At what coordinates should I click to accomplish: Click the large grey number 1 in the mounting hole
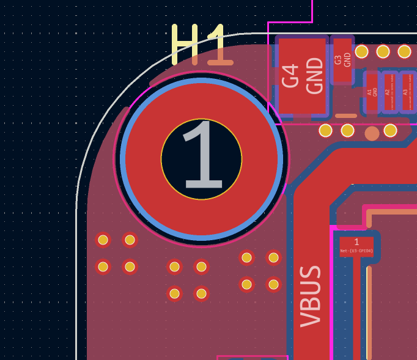point(202,158)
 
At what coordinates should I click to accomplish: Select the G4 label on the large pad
point(290,76)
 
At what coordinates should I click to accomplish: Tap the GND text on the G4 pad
point(314,76)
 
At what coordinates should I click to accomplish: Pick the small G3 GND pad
point(342,60)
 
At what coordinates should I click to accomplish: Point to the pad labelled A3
point(407,92)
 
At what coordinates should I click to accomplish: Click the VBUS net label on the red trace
point(311,296)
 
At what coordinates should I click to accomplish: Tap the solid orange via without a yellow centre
point(372,133)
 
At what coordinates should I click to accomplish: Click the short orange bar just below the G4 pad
point(346,116)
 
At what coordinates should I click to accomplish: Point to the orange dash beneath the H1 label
point(220,62)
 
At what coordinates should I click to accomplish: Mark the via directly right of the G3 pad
point(361,51)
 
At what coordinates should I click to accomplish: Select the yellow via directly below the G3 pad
point(347,130)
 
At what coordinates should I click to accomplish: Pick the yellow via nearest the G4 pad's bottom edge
point(325,130)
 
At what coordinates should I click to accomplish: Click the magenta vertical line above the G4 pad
point(312,10)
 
